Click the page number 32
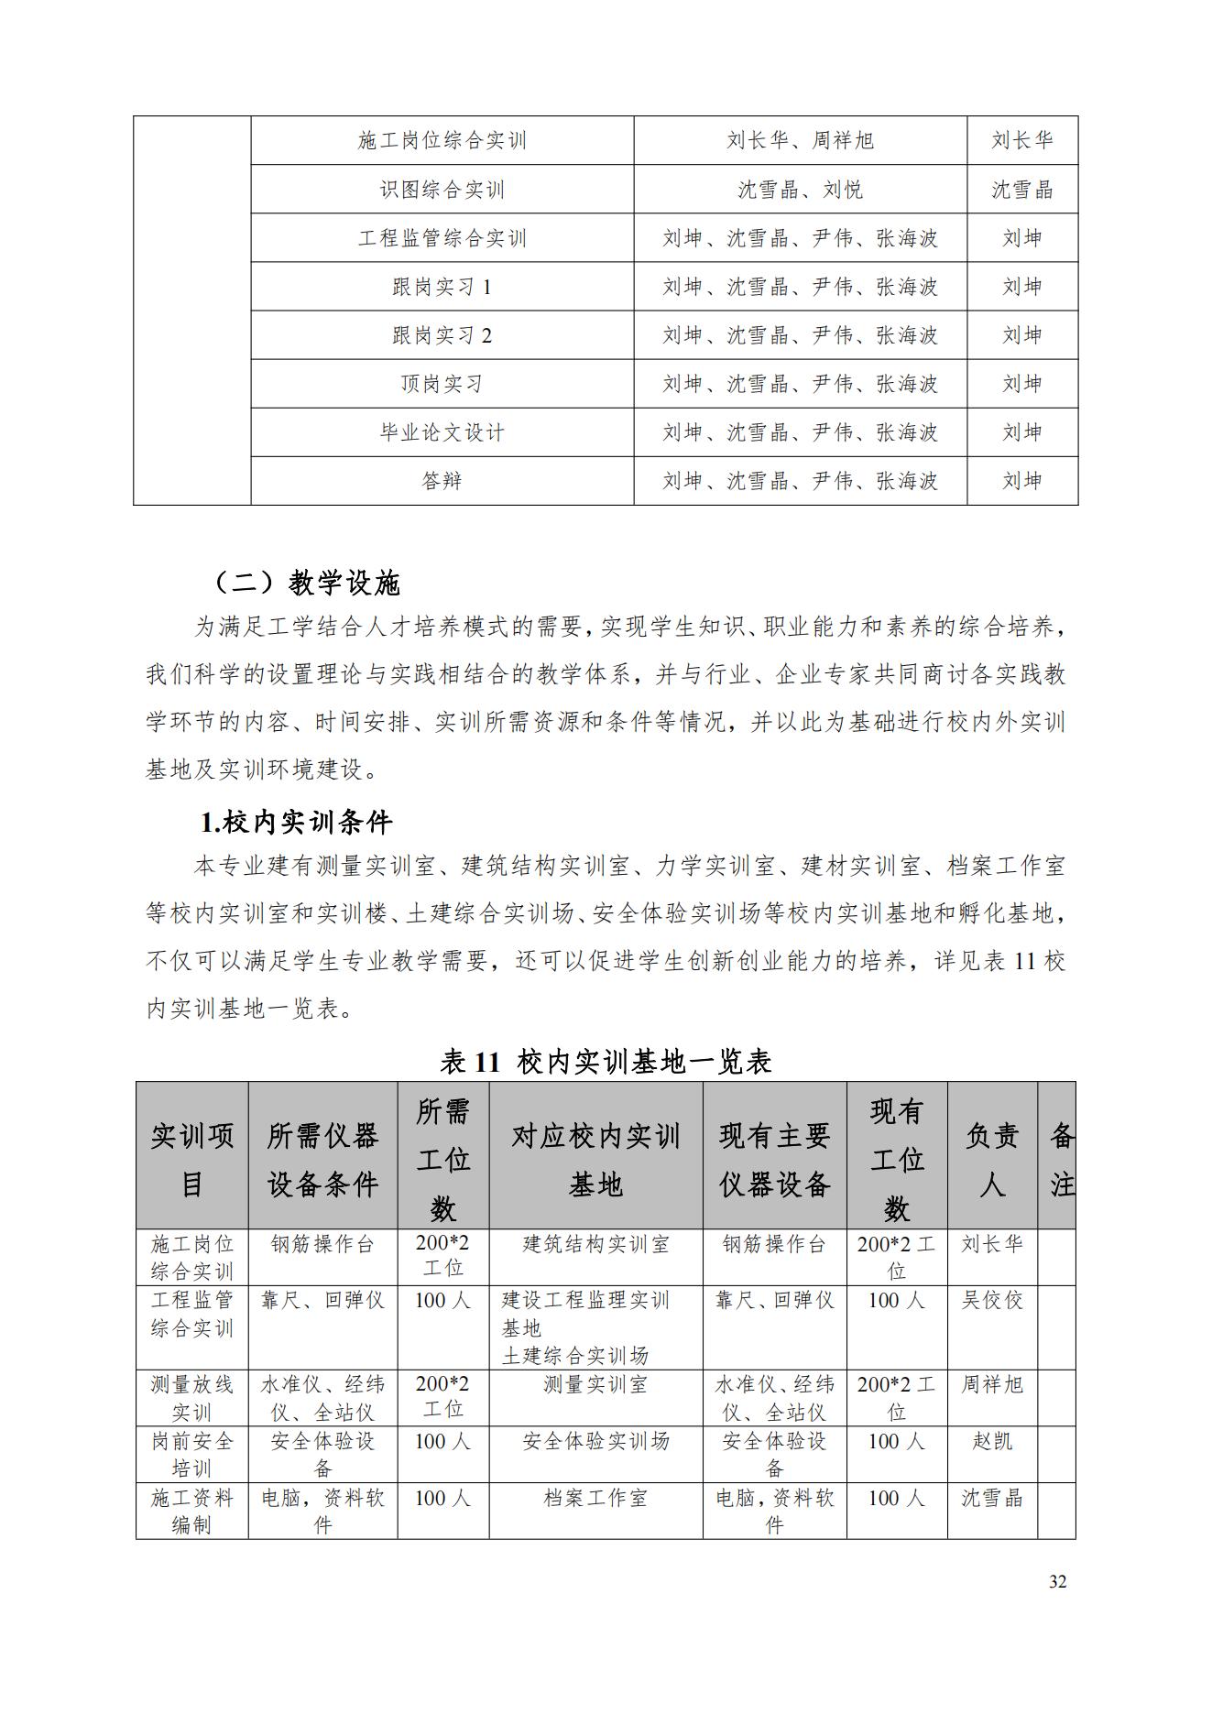point(1057,1582)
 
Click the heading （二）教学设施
point(306,583)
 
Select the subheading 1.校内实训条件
point(296,822)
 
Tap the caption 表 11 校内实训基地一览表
point(606,1061)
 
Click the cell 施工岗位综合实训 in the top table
point(442,140)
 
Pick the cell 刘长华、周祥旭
point(800,140)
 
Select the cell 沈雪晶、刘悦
point(800,190)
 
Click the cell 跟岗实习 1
point(442,287)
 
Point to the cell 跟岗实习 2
point(442,335)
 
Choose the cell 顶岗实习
point(442,384)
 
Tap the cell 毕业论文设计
point(442,432)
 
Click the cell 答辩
point(442,481)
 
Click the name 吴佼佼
point(992,1300)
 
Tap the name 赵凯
point(992,1441)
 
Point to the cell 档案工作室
point(595,1498)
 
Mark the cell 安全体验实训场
point(595,1441)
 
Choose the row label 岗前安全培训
point(192,1455)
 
